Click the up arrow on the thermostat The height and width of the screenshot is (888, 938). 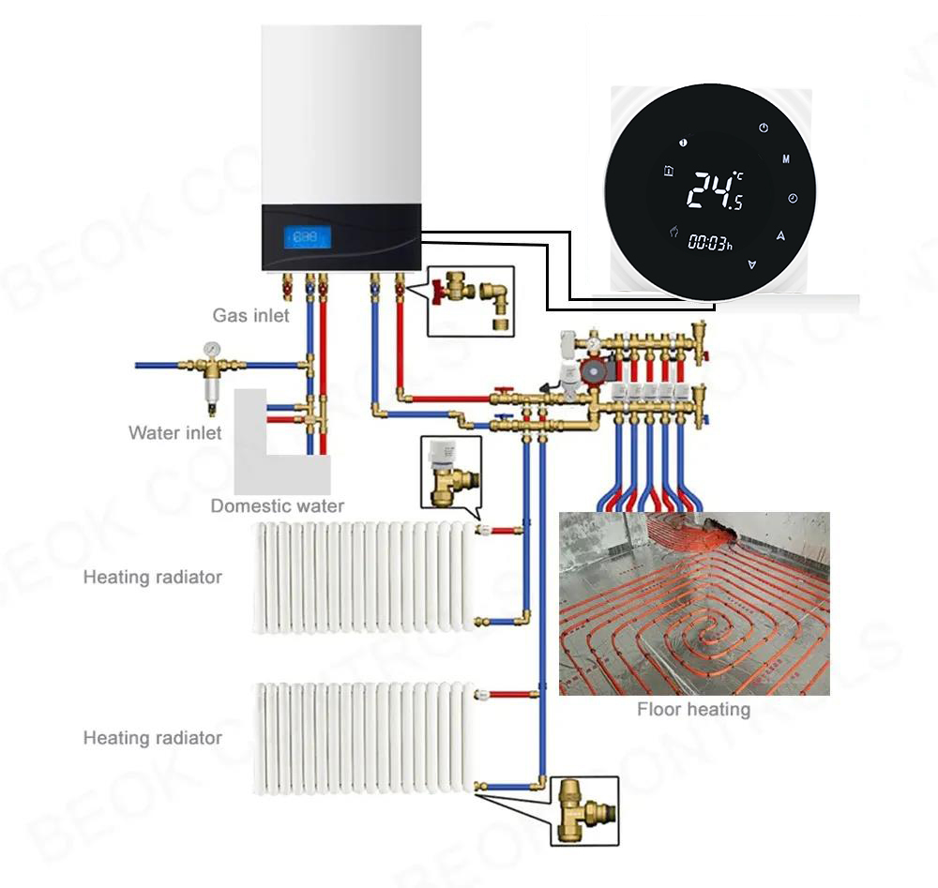[780, 236]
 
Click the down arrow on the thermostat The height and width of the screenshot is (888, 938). [750, 265]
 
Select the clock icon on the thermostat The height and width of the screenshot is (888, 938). [793, 199]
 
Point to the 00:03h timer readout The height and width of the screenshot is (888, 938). [709, 242]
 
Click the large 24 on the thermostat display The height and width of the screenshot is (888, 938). [706, 190]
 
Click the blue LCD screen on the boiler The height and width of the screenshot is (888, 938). [306, 238]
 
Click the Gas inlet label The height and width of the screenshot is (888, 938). [250, 316]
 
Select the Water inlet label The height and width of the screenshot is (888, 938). [175, 432]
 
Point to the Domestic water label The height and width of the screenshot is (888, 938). [277, 506]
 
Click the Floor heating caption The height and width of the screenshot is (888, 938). [693, 709]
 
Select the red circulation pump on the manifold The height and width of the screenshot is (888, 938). [590, 373]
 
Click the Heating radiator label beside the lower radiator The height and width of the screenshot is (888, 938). [152, 738]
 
